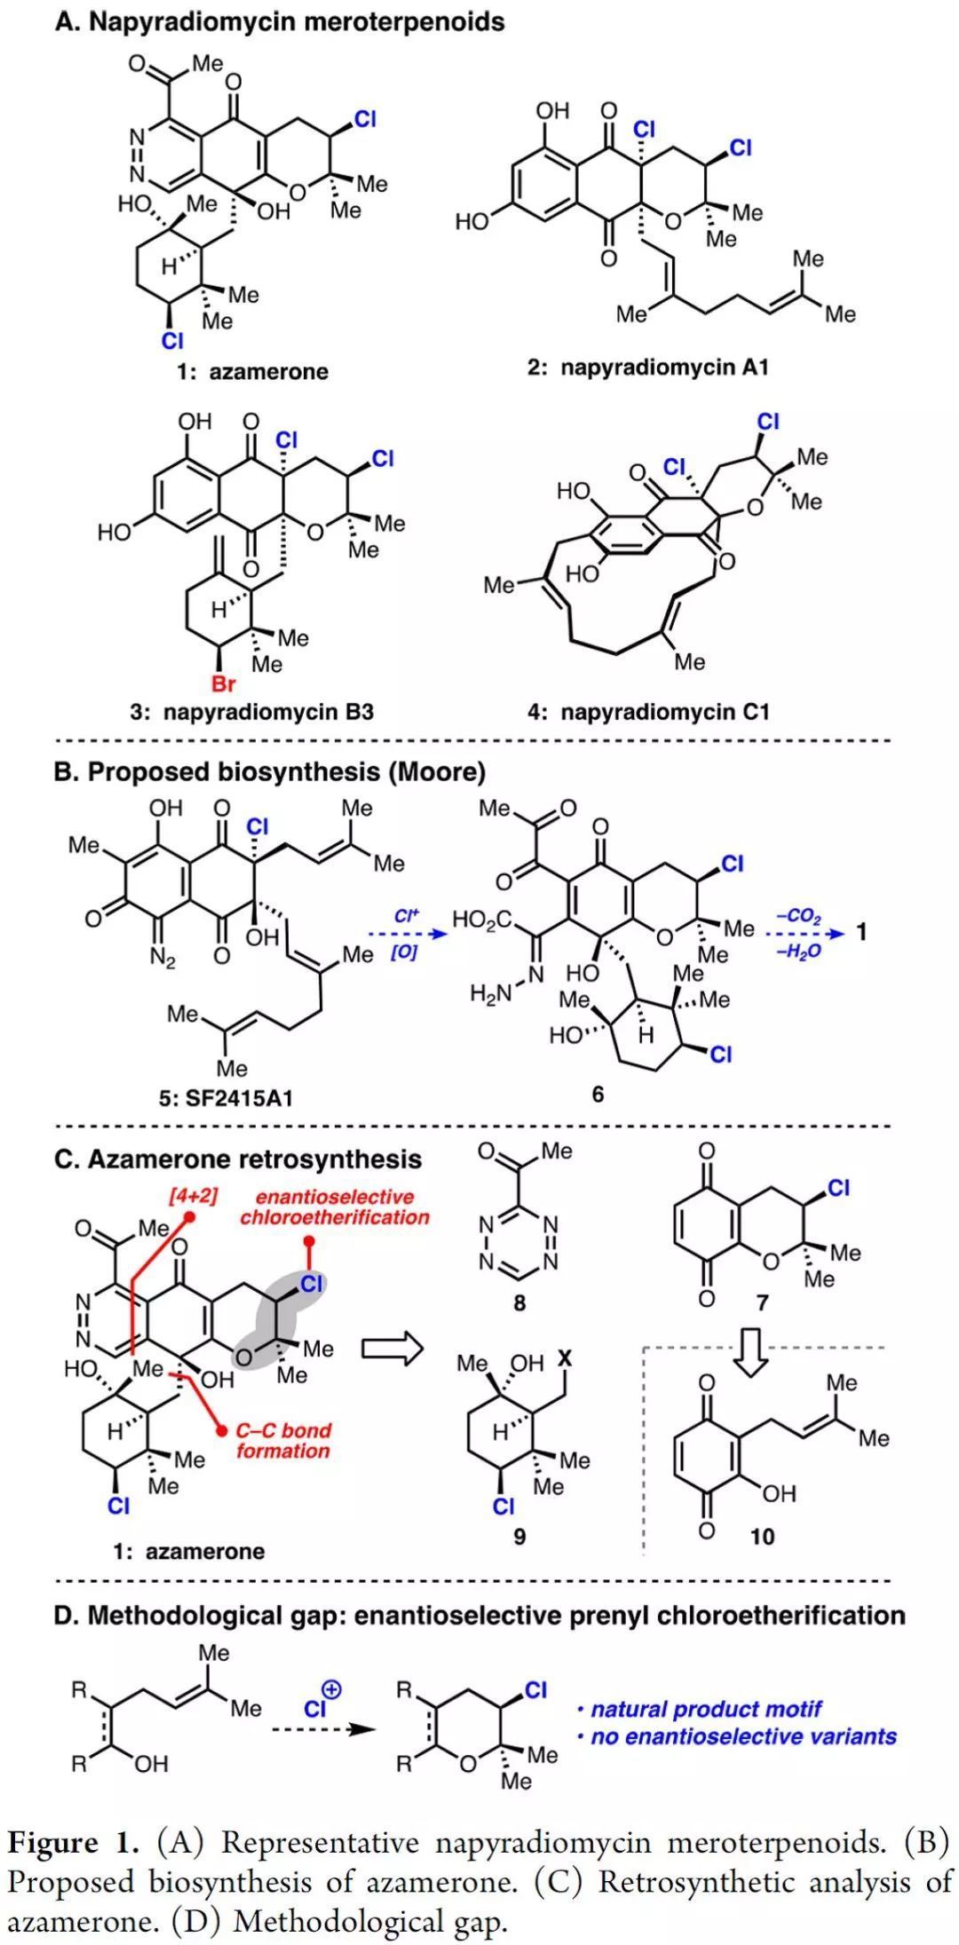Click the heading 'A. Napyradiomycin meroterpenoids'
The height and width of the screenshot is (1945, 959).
tap(279, 21)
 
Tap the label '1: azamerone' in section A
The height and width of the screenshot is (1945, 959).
tap(251, 371)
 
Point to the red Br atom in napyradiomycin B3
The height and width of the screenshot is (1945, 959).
tap(224, 684)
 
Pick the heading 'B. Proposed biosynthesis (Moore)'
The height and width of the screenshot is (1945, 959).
tap(270, 771)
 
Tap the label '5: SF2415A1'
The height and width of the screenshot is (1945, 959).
tap(226, 1098)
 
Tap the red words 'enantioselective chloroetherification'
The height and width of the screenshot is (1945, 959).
tap(334, 1206)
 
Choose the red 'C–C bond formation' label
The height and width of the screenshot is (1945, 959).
tap(283, 1440)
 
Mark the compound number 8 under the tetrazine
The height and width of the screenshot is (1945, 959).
tap(519, 1303)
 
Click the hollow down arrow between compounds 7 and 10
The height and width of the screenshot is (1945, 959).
tap(751, 1353)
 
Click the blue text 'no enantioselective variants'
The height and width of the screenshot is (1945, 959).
tap(744, 1735)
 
